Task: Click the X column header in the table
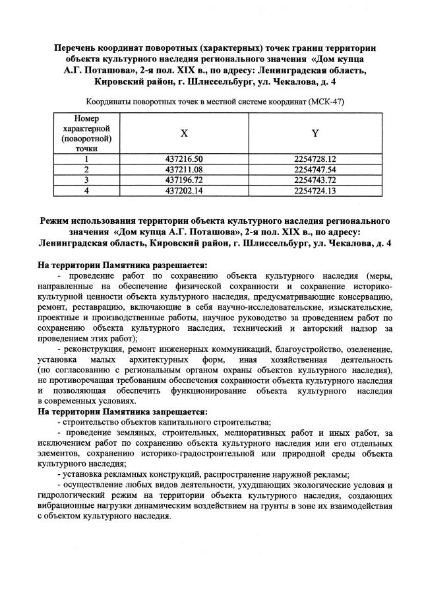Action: tap(184, 133)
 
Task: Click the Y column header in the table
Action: tap(315, 133)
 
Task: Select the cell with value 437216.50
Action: tap(184, 159)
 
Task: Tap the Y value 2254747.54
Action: tap(315, 169)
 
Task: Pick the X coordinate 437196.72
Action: tap(184, 180)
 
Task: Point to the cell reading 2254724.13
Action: tap(315, 190)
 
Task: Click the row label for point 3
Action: tap(86, 180)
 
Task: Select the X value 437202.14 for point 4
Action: tap(184, 190)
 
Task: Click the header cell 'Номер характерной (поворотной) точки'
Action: tap(86, 133)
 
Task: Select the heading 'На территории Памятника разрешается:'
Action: tap(122, 265)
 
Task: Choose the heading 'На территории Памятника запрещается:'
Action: tap(122, 411)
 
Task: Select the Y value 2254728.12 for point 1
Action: tap(315, 159)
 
